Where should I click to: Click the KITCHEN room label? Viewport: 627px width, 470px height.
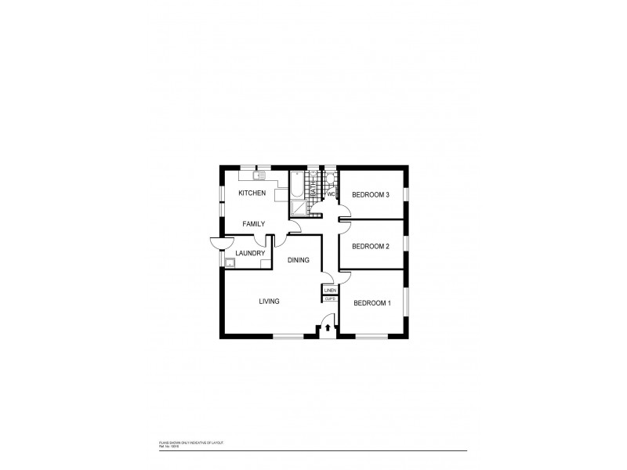(x=252, y=193)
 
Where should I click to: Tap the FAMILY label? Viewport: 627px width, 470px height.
(x=253, y=224)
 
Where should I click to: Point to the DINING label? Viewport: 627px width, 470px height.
(x=298, y=260)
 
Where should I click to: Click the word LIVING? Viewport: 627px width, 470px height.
(x=270, y=301)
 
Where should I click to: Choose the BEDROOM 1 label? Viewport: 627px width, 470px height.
(x=371, y=303)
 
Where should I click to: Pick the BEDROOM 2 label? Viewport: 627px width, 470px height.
(x=371, y=246)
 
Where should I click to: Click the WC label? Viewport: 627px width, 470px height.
(x=331, y=193)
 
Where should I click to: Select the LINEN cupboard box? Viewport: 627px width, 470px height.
(x=330, y=291)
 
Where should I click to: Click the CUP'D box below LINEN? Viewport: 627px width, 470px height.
(x=330, y=299)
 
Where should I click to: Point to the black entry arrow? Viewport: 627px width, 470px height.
(x=328, y=327)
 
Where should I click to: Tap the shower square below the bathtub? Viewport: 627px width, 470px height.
(x=298, y=207)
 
